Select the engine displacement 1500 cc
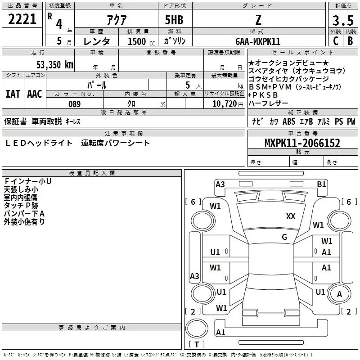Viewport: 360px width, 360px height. click(x=138, y=41)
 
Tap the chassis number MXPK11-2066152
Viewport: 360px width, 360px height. click(x=302, y=143)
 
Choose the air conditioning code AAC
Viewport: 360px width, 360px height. click(x=34, y=94)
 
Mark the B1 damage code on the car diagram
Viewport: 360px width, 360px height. click(x=321, y=184)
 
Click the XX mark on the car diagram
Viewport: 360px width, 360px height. click(x=291, y=216)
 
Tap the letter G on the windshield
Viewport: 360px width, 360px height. click(x=284, y=237)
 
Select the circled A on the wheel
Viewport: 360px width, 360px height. click(x=340, y=294)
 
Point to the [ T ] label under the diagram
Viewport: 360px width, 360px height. click(x=197, y=345)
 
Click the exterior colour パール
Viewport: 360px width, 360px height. click(x=97, y=85)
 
